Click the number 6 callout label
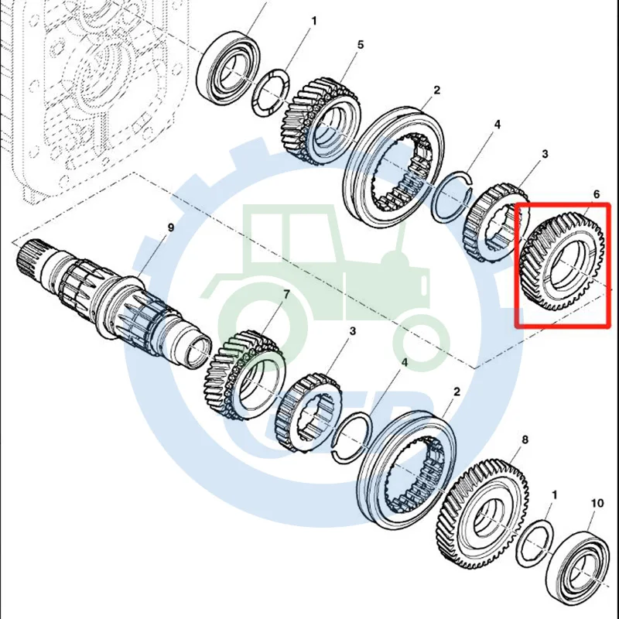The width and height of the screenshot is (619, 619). point(596,194)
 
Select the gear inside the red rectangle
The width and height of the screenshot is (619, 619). point(563,263)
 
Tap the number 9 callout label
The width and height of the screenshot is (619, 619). point(172,227)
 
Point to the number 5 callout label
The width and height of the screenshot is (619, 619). point(360,46)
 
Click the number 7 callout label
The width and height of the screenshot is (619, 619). point(286,295)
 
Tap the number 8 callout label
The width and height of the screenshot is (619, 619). point(525,440)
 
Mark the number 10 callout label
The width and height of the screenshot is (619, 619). point(597,504)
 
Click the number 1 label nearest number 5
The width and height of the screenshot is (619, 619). point(314,21)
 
